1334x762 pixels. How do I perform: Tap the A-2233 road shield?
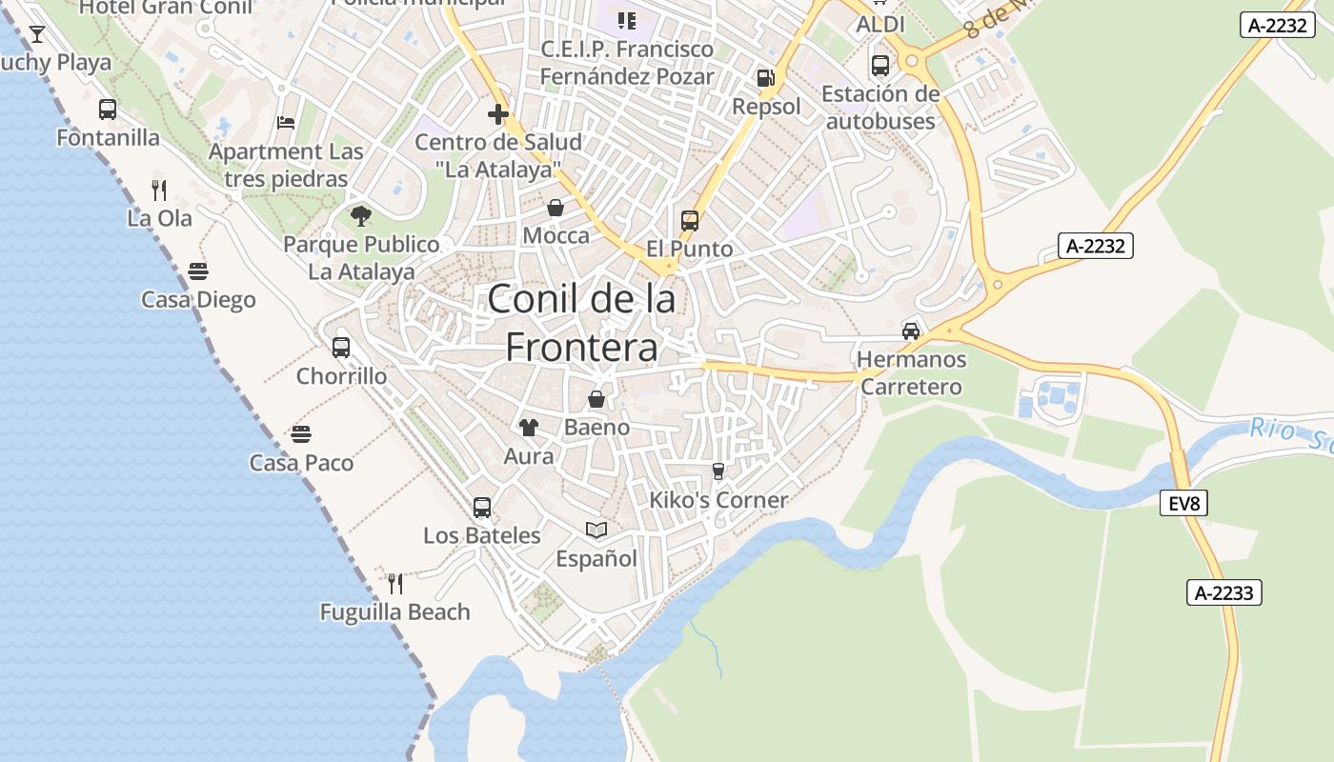[x=1224, y=592]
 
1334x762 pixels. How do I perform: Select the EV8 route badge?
[x=1183, y=503]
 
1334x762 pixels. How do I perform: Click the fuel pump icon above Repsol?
[x=765, y=78]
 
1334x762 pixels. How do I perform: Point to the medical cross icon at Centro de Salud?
[x=497, y=114]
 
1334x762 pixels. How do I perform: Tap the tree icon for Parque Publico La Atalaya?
[x=360, y=216]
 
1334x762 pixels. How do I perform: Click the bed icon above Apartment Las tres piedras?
[x=285, y=122]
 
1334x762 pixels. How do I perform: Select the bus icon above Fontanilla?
[x=108, y=110]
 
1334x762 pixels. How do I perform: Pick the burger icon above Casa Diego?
[x=198, y=271]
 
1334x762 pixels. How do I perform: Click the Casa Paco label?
[x=301, y=463]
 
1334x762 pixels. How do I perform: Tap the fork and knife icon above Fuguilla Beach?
[x=395, y=583]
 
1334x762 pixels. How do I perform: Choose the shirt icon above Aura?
[x=528, y=428]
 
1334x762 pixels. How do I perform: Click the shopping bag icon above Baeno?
[x=596, y=399]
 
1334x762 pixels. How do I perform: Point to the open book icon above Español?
[x=596, y=530]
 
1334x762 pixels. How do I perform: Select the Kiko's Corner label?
[x=718, y=500]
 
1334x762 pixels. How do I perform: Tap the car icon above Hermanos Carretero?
[x=911, y=331]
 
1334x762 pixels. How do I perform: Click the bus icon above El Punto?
[x=690, y=221]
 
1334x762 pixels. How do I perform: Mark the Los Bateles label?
[x=482, y=535]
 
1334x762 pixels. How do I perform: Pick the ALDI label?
[x=880, y=24]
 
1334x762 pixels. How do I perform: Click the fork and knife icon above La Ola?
[x=159, y=190]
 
